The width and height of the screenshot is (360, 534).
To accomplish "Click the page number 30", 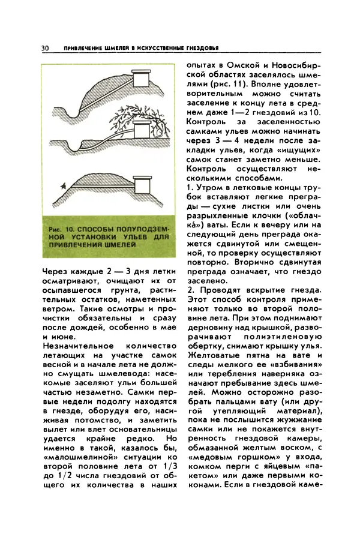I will pos(46,48).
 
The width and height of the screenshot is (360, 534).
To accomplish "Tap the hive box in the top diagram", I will pos(142,79).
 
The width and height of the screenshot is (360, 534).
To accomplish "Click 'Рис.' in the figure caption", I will pos(58,229).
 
